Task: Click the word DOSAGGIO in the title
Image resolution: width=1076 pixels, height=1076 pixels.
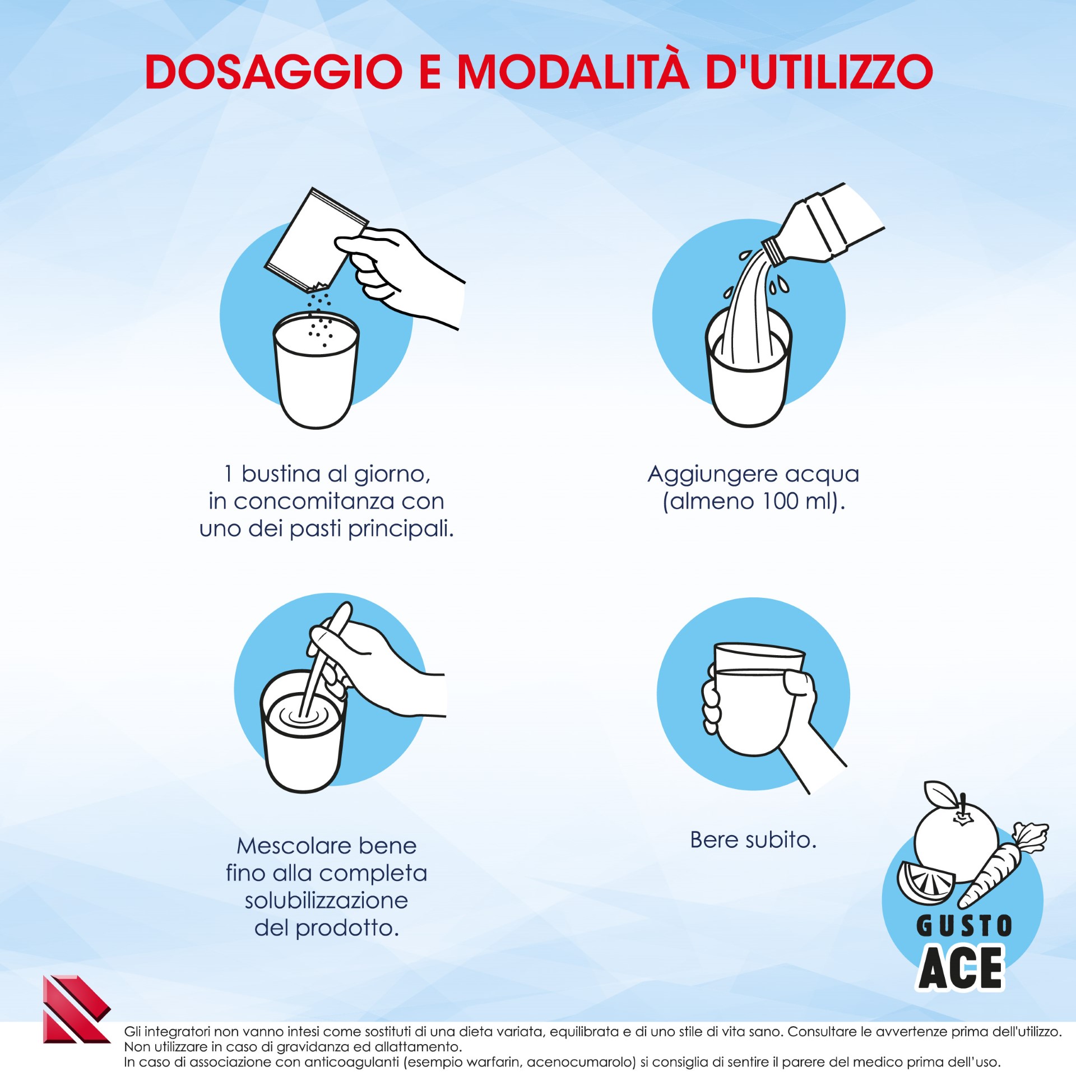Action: tap(273, 72)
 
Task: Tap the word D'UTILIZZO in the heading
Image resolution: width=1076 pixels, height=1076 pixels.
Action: tap(819, 72)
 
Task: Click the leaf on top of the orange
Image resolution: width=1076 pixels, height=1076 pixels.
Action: tap(940, 793)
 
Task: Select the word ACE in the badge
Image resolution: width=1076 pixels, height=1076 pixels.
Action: tap(962, 968)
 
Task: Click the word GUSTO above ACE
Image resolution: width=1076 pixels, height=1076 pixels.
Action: tap(964, 926)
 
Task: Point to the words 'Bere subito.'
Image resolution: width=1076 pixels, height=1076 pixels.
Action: tap(753, 840)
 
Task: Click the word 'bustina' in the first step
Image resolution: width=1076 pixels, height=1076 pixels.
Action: tap(281, 474)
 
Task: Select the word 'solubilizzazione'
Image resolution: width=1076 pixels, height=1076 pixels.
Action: tap(326, 900)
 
